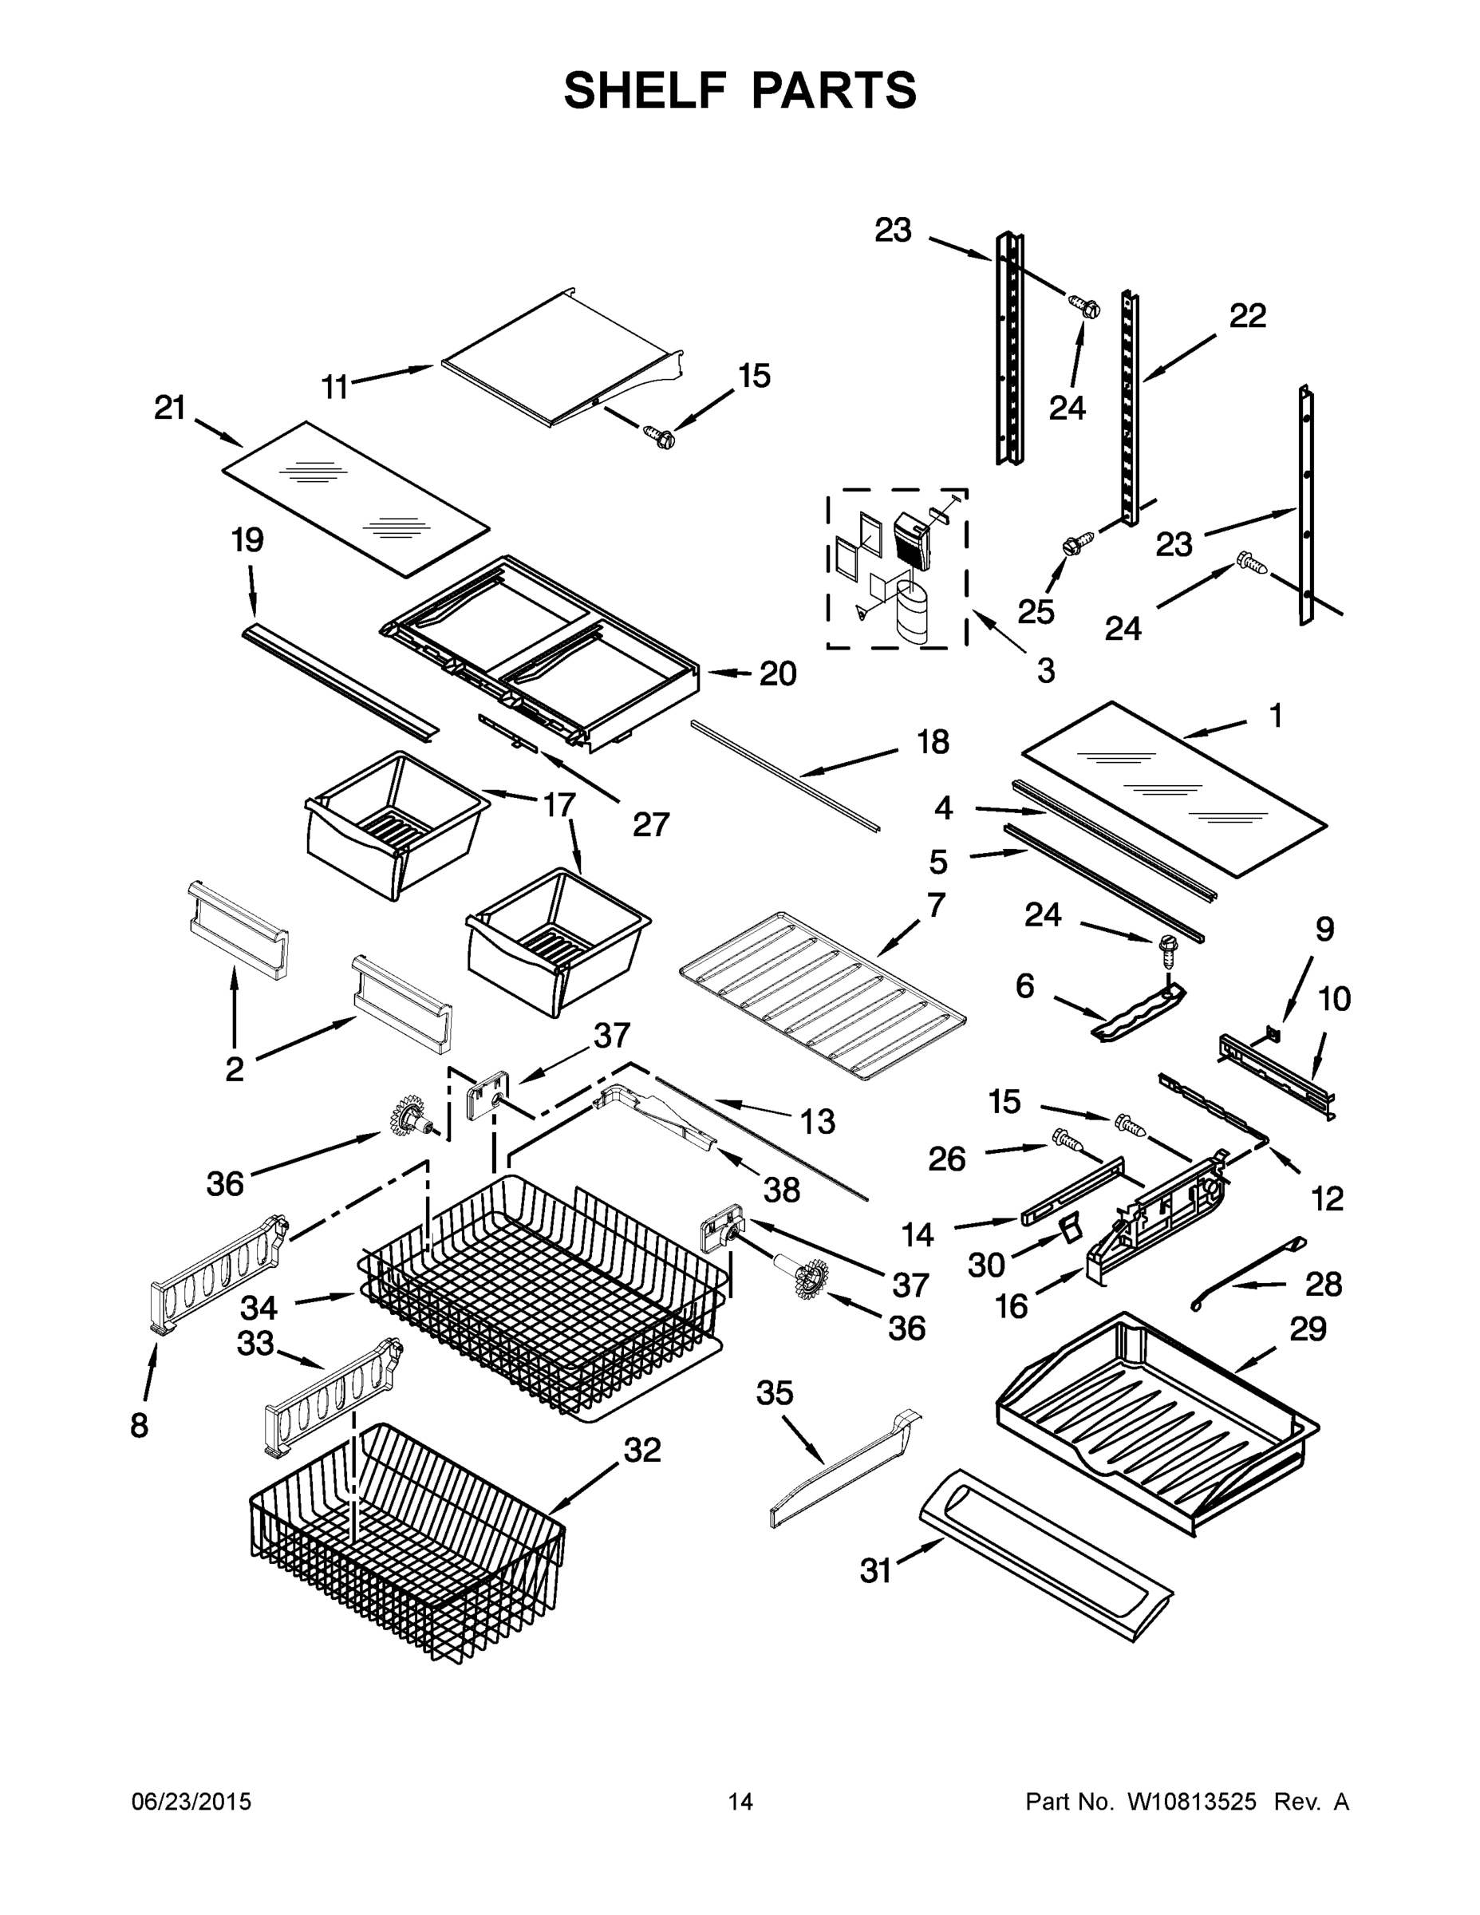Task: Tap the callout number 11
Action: pyautogui.click(x=334, y=387)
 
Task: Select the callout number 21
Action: pyautogui.click(x=170, y=408)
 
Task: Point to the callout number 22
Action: pyautogui.click(x=1248, y=316)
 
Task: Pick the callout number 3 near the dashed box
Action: pyautogui.click(x=1045, y=672)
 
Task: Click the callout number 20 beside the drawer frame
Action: pyautogui.click(x=777, y=674)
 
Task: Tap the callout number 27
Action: pyautogui.click(x=650, y=824)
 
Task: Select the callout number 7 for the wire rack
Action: pyautogui.click(x=936, y=904)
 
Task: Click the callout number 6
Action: pyautogui.click(x=1025, y=986)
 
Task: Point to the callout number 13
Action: pyautogui.click(x=817, y=1120)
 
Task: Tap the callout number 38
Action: pyautogui.click(x=781, y=1190)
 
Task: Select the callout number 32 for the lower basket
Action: pyautogui.click(x=641, y=1451)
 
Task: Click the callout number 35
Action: pyautogui.click(x=774, y=1393)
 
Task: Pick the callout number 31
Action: pyautogui.click(x=875, y=1571)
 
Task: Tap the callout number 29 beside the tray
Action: pyautogui.click(x=1308, y=1329)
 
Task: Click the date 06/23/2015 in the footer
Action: pyautogui.click(x=191, y=1802)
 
